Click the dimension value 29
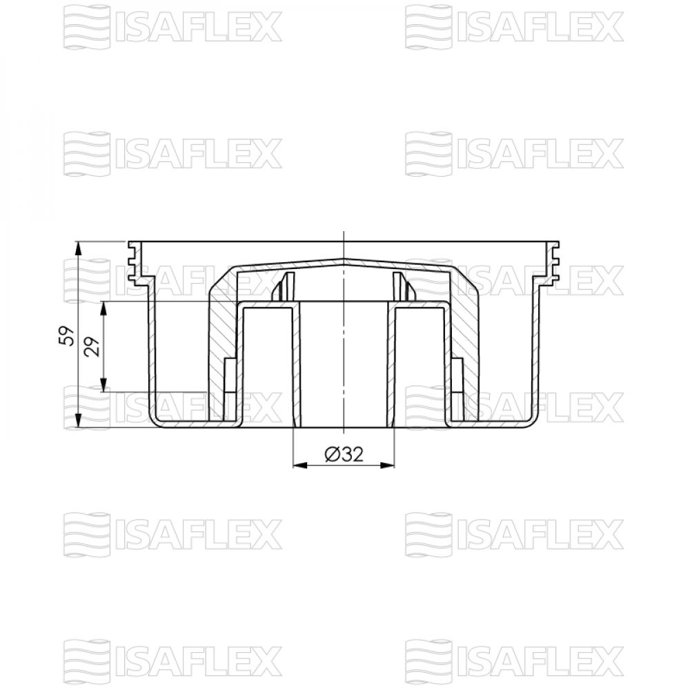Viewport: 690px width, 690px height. point(92,346)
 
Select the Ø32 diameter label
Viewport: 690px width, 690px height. point(344,454)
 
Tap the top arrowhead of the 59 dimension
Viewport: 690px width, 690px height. point(78,248)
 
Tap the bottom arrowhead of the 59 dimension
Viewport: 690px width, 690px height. point(78,420)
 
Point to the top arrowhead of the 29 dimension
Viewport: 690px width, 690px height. point(103,309)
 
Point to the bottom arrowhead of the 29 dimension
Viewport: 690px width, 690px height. point(103,384)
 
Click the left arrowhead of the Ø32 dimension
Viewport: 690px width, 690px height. point(301,465)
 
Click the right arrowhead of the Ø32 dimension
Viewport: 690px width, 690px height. point(386,465)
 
